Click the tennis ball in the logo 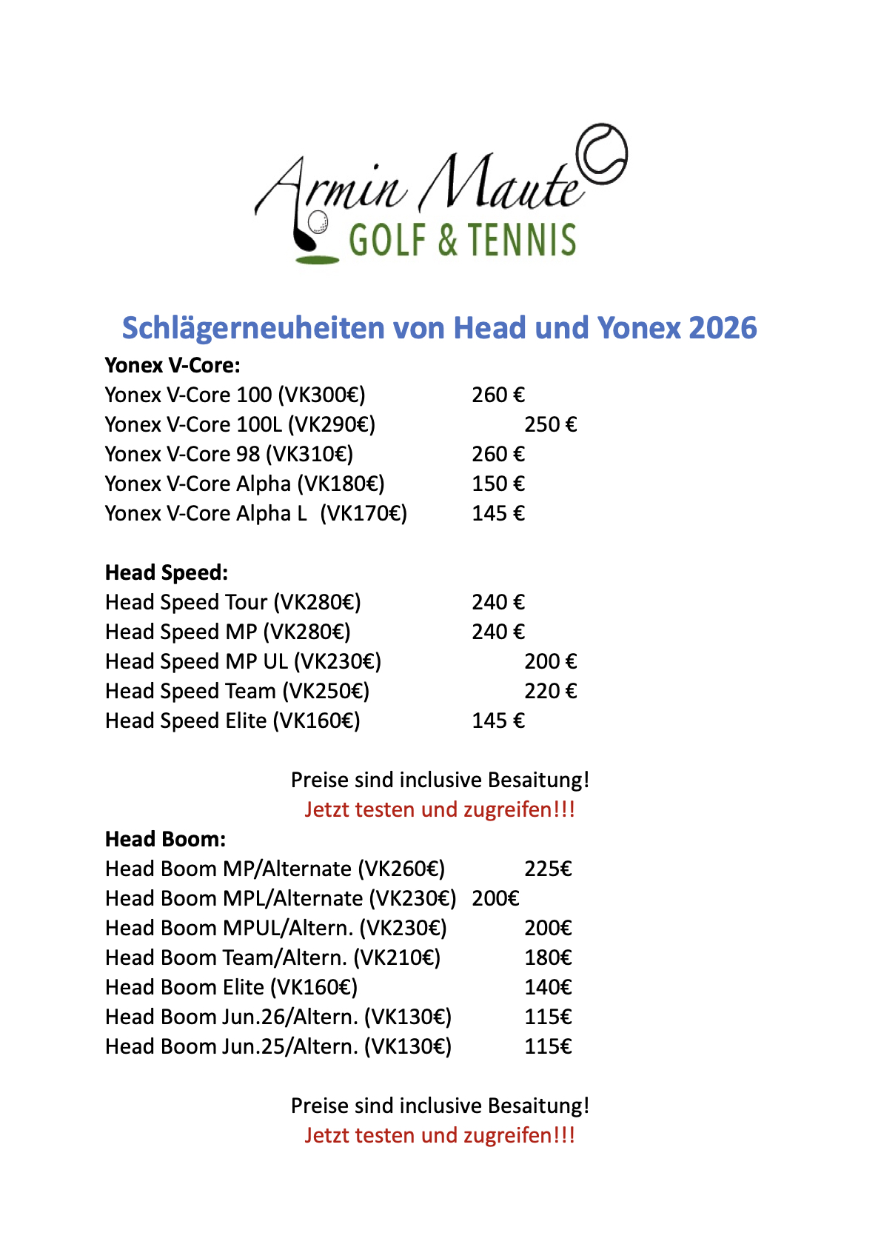click(x=601, y=153)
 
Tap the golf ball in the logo click(x=318, y=221)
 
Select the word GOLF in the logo click(x=388, y=240)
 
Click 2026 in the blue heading click(x=723, y=328)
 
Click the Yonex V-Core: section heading click(x=172, y=365)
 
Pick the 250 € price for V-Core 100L click(x=550, y=424)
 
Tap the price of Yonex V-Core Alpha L click(x=498, y=513)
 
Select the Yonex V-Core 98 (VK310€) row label click(x=229, y=454)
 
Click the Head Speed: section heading click(x=167, y=572)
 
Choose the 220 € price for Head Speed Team click(x=550, y=691)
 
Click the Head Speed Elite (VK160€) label click(x=232, y=721)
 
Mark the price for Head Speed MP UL click(x=550, y=661)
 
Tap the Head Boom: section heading click(x=165, y=839)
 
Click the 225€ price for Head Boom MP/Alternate click(x=548, y=869)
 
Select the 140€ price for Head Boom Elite click(x=548, y=987)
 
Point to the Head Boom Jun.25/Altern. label click(x=278, y=1046)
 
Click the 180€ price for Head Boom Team click(x=548, y=957)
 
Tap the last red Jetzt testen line click(x=440, y=1135)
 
